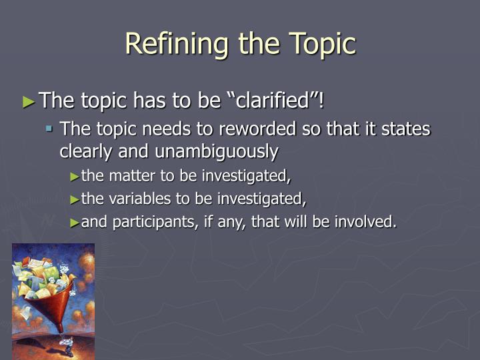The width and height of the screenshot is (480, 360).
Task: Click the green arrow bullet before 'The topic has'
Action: [x=28, y=101]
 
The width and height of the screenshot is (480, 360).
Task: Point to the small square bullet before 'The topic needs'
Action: [x=49, y=129]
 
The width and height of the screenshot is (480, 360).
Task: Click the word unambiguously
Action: [x=217, y=151]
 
